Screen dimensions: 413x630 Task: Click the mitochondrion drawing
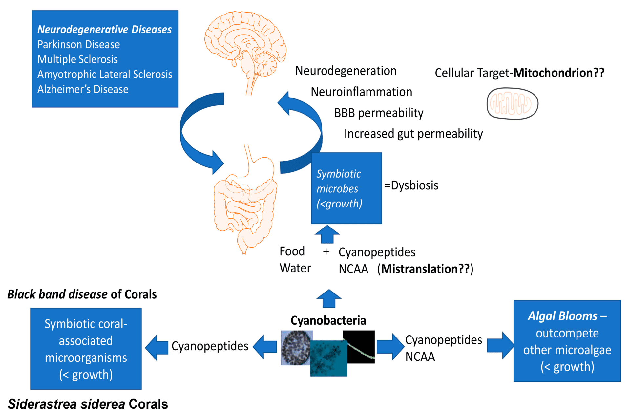pyautogui.click(x=512, y=103)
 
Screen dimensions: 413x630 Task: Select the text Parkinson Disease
pyautogui.click(x=78, y=44)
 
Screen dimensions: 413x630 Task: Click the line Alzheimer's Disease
pyautogui.click(x=83, y=89)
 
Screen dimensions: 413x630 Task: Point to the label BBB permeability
pyautogui.click(x=378, y=113)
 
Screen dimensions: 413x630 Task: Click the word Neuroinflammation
pyautogui.click(x=361, y=92)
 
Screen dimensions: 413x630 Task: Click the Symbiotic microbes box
pyautogui.click(x=346, y=188)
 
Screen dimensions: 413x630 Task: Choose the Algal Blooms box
pyautogui.click(x=567, y=341)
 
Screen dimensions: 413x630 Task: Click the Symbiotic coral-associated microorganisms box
pyautogui.click(x=86, y=349)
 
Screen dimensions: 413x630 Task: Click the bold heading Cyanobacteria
pyautogui.click(x=328, y=320)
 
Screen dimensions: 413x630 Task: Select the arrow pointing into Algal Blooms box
pyautogui.click(x=500, y=345)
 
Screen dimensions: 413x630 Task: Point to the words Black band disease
pyautogui.click(x=57, y=294)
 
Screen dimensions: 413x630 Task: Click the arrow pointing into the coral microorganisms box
pyautogui.click(x=157, y=347)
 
